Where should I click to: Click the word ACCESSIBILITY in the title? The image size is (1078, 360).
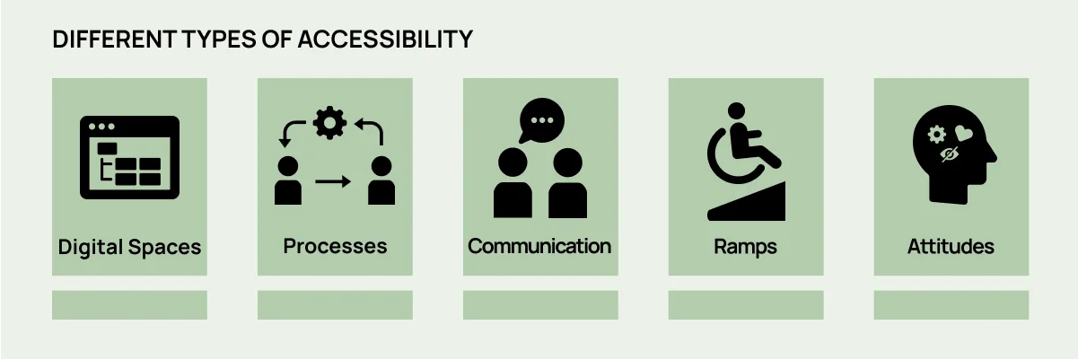point(385,40)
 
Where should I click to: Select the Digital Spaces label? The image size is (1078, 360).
point(129,248)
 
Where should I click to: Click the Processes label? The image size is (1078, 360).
point(335,246)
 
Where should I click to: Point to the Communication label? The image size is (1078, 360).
point(539,246)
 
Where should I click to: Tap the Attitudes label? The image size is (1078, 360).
point(951,246)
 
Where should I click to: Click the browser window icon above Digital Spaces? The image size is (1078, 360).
point(129,157)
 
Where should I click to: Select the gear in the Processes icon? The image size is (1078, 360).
point(329,123)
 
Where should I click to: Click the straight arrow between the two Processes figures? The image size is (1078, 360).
point(333,181)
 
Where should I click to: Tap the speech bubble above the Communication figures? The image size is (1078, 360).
point(541,121)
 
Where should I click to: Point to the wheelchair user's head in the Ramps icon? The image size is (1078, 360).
point(736,110)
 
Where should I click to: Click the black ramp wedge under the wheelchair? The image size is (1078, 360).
point(747,201)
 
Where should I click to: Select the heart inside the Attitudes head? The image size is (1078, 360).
point(964,133)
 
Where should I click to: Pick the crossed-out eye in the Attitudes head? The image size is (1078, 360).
point(949,154)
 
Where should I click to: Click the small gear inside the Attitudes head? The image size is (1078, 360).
point(936,135)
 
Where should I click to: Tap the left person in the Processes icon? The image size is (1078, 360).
point(288,180)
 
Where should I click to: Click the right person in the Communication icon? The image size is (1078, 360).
point(568,183)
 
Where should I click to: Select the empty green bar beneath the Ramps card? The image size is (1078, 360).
point(746,305)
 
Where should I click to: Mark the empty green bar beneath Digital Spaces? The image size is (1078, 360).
point(129,305)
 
